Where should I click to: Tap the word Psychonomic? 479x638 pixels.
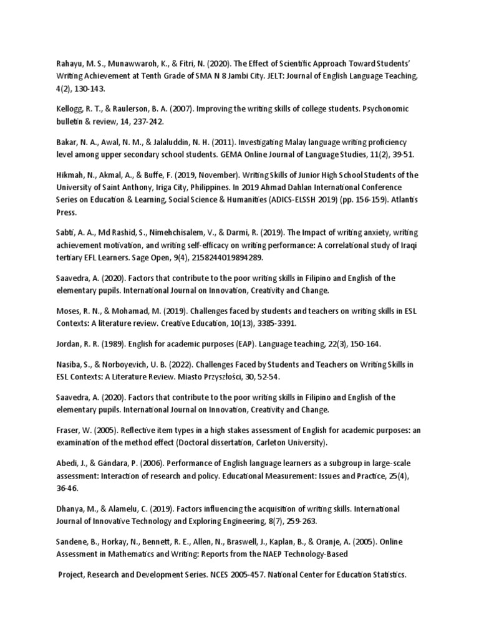(x=384, y=108)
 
